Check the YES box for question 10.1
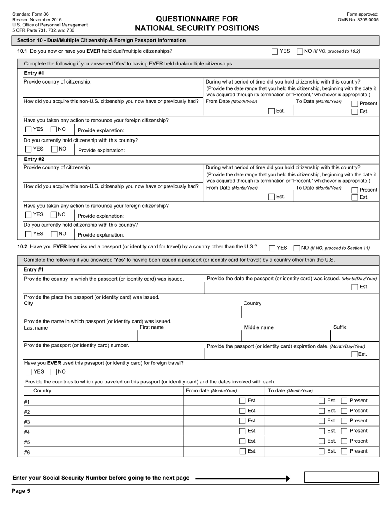(x=275, y=51)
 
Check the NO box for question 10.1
(x=300, y=51)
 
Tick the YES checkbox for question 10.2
(x=272, y=248)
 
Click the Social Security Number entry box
(x=341, y=477)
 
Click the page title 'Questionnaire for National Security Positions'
(x=197, y=23)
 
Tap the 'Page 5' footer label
(x=21, y=490)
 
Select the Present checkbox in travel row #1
(x=344, y=401)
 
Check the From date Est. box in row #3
(x=242, y=421)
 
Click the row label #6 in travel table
(x=27, y=453)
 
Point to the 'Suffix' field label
(x=340, y=327)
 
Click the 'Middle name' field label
(x=258, y=327)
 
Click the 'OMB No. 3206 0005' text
(x=358, y=19)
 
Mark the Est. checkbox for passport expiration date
(x=355, y=354)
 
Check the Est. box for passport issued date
(x=355, y=287)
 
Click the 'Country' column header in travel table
(x=42, y=390)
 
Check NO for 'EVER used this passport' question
(x=54, y=372)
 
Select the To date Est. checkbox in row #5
(x=321, y=441)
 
